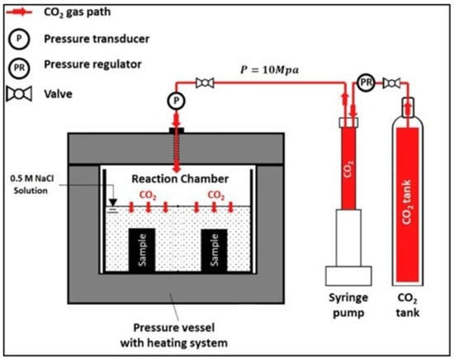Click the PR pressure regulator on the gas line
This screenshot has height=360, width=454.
pyautogui.click(x=366, y=83)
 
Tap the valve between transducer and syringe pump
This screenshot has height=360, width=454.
pyautogui.click(x=205, y=83)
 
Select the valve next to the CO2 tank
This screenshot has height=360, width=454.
pyautogui.click(x=391, y=83)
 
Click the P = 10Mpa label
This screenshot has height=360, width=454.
pyautogui.click(x=269, y=70)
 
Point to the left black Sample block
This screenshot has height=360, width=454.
pyautogui.click(x=142, y=250)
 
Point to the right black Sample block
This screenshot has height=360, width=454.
pyautogui.click(x=215, y=250)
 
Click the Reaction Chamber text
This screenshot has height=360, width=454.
pyautogui.click(x=180, y=178)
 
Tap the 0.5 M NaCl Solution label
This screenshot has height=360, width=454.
pyautogui.click(x=31, y=184)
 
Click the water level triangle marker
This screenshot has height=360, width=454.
pyautogui.click(x=113, y=202)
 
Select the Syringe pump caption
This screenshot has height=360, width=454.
pyautogui.click(x=348, y=306)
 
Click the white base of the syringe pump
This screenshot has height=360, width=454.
pyautogui.click(x=348, y=276)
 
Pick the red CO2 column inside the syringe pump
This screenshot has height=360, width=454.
pyautogui.click(x=348, y=168)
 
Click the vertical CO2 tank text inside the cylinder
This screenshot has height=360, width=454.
pyautogui.click(x=407, y=202)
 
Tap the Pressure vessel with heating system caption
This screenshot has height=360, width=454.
pyautogui.click(x=173, y=335)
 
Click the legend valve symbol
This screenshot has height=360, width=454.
pyautogui.click(x=19, y=94)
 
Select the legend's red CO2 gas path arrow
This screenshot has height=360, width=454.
pyautogui.click(x=19, y=12)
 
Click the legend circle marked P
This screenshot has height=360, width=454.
pyautogui.click(x=19, y=39)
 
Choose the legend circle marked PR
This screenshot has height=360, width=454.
pyautogui.click(x=19, y=69)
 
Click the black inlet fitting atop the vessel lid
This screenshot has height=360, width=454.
pyautogui.click(x=177, y=130)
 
